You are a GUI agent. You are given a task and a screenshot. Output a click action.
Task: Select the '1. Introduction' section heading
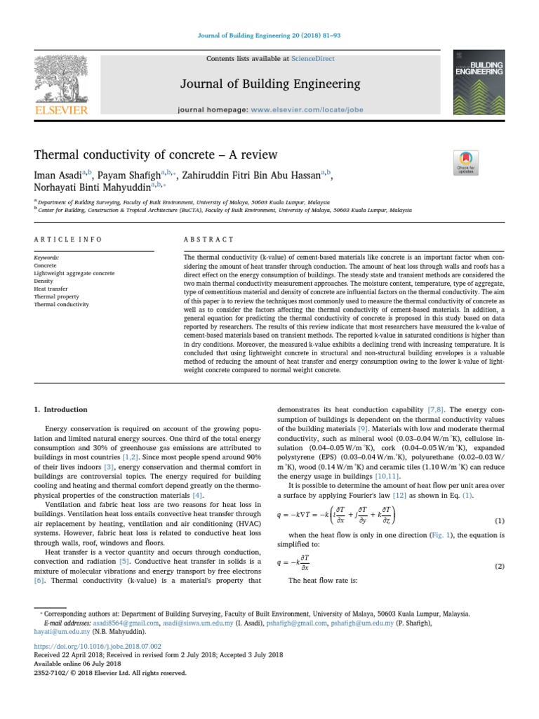(x=61, y=409)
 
